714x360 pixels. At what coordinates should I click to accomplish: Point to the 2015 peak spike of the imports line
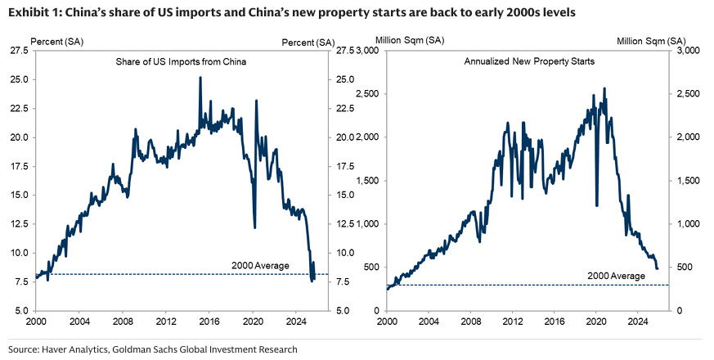tap(200, 78)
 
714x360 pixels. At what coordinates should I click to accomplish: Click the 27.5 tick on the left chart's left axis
tap(20, 51)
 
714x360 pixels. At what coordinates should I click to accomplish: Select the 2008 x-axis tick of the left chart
tap(123, 320)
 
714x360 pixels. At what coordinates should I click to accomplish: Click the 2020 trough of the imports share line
tap(255, 227)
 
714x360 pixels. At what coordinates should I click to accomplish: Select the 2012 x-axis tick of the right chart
tap(514, 320)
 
